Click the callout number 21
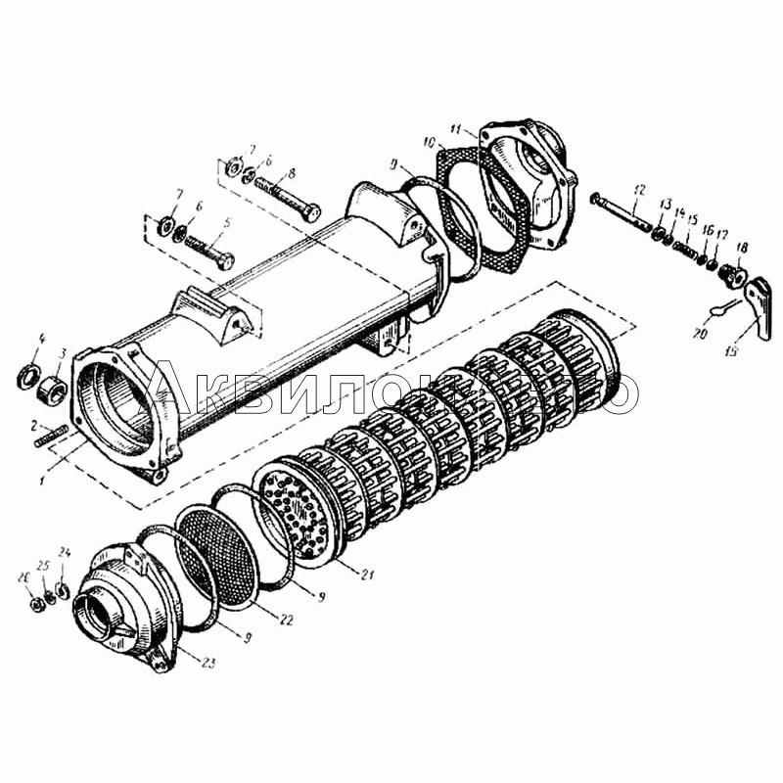[366, 575]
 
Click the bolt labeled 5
[207, 252]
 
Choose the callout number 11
[455, 128]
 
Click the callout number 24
[65, 552]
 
